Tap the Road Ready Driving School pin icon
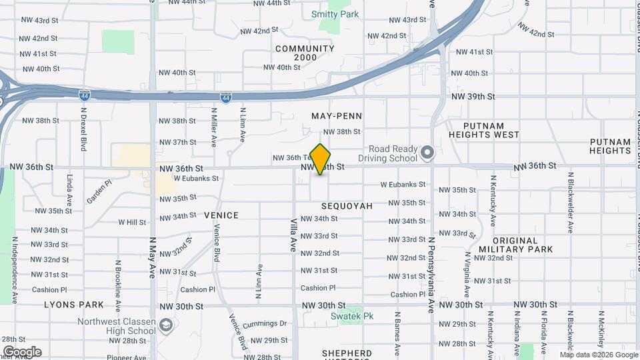point(427,154)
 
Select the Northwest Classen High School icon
point(167,325)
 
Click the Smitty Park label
point(335,14)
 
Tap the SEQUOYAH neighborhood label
point(347,207)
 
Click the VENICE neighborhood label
point(221,215)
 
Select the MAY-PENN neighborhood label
point(336,116)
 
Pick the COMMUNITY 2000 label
point(305,53)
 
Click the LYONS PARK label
point(74,305)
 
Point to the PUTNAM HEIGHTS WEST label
point(493,130)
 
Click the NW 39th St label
point(473,97)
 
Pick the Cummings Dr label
point(265,324)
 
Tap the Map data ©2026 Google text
point(599,355)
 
